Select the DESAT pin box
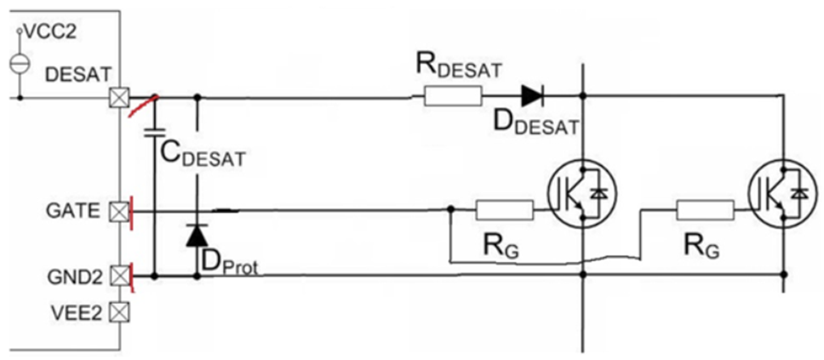pyautogui.click(x=119, y=99)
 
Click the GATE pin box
pyautogui.click(x=119, y=209)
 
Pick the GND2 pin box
pyautogui.click(x=119, y=276)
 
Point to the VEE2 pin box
pyautogui.click(x=119, y=312)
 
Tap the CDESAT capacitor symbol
pyautogui.click(x=155, y=132)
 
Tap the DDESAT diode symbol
pyautogui.click(x=532, y=96)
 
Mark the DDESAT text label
pyautogui.click(x=535, y=124)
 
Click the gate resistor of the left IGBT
pyautogui.click(x=504, y=209)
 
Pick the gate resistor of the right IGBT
pyautogui.click(x=704, y=209)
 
